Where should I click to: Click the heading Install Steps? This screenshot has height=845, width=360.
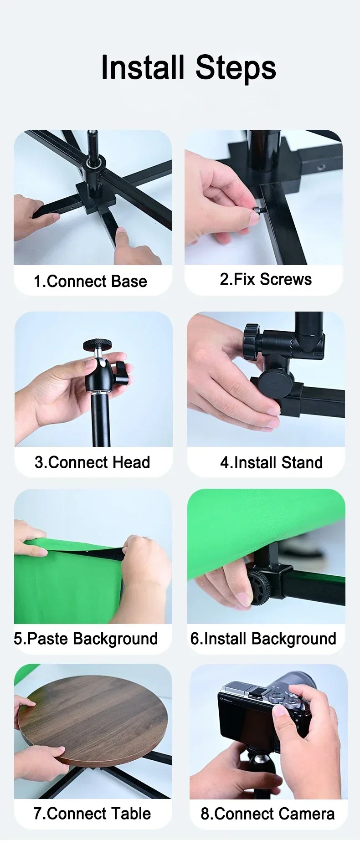pos(188,68)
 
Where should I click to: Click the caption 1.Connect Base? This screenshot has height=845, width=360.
pos(90,281)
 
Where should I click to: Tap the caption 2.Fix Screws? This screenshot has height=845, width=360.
pos(266,279)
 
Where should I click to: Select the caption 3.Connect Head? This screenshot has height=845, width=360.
pos(93,462)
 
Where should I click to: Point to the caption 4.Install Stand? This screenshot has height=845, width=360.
pos(271,462)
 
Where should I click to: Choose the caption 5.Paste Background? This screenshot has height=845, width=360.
pos(86,638)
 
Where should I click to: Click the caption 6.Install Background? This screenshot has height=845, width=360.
pos(263,638)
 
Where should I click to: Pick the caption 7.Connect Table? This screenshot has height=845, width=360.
pos(92,813)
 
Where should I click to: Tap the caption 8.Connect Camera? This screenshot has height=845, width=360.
pos(267,814)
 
